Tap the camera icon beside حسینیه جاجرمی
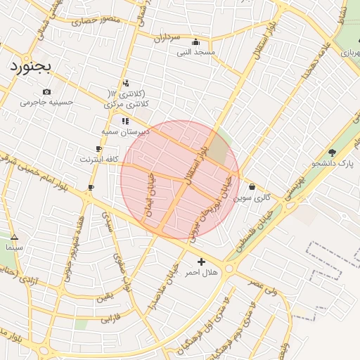tap(47, 92)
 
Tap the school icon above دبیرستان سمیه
tap(125, 121)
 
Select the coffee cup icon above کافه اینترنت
tap(98, 149)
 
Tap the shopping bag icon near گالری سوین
tap(252, 187)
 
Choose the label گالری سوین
tap(252, 198)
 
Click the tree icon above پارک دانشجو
tap(332, 153)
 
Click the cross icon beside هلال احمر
tap(202, 262)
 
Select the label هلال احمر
tap(202, 272)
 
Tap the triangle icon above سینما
tap(14, 237)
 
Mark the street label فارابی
tap(107, 319)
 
